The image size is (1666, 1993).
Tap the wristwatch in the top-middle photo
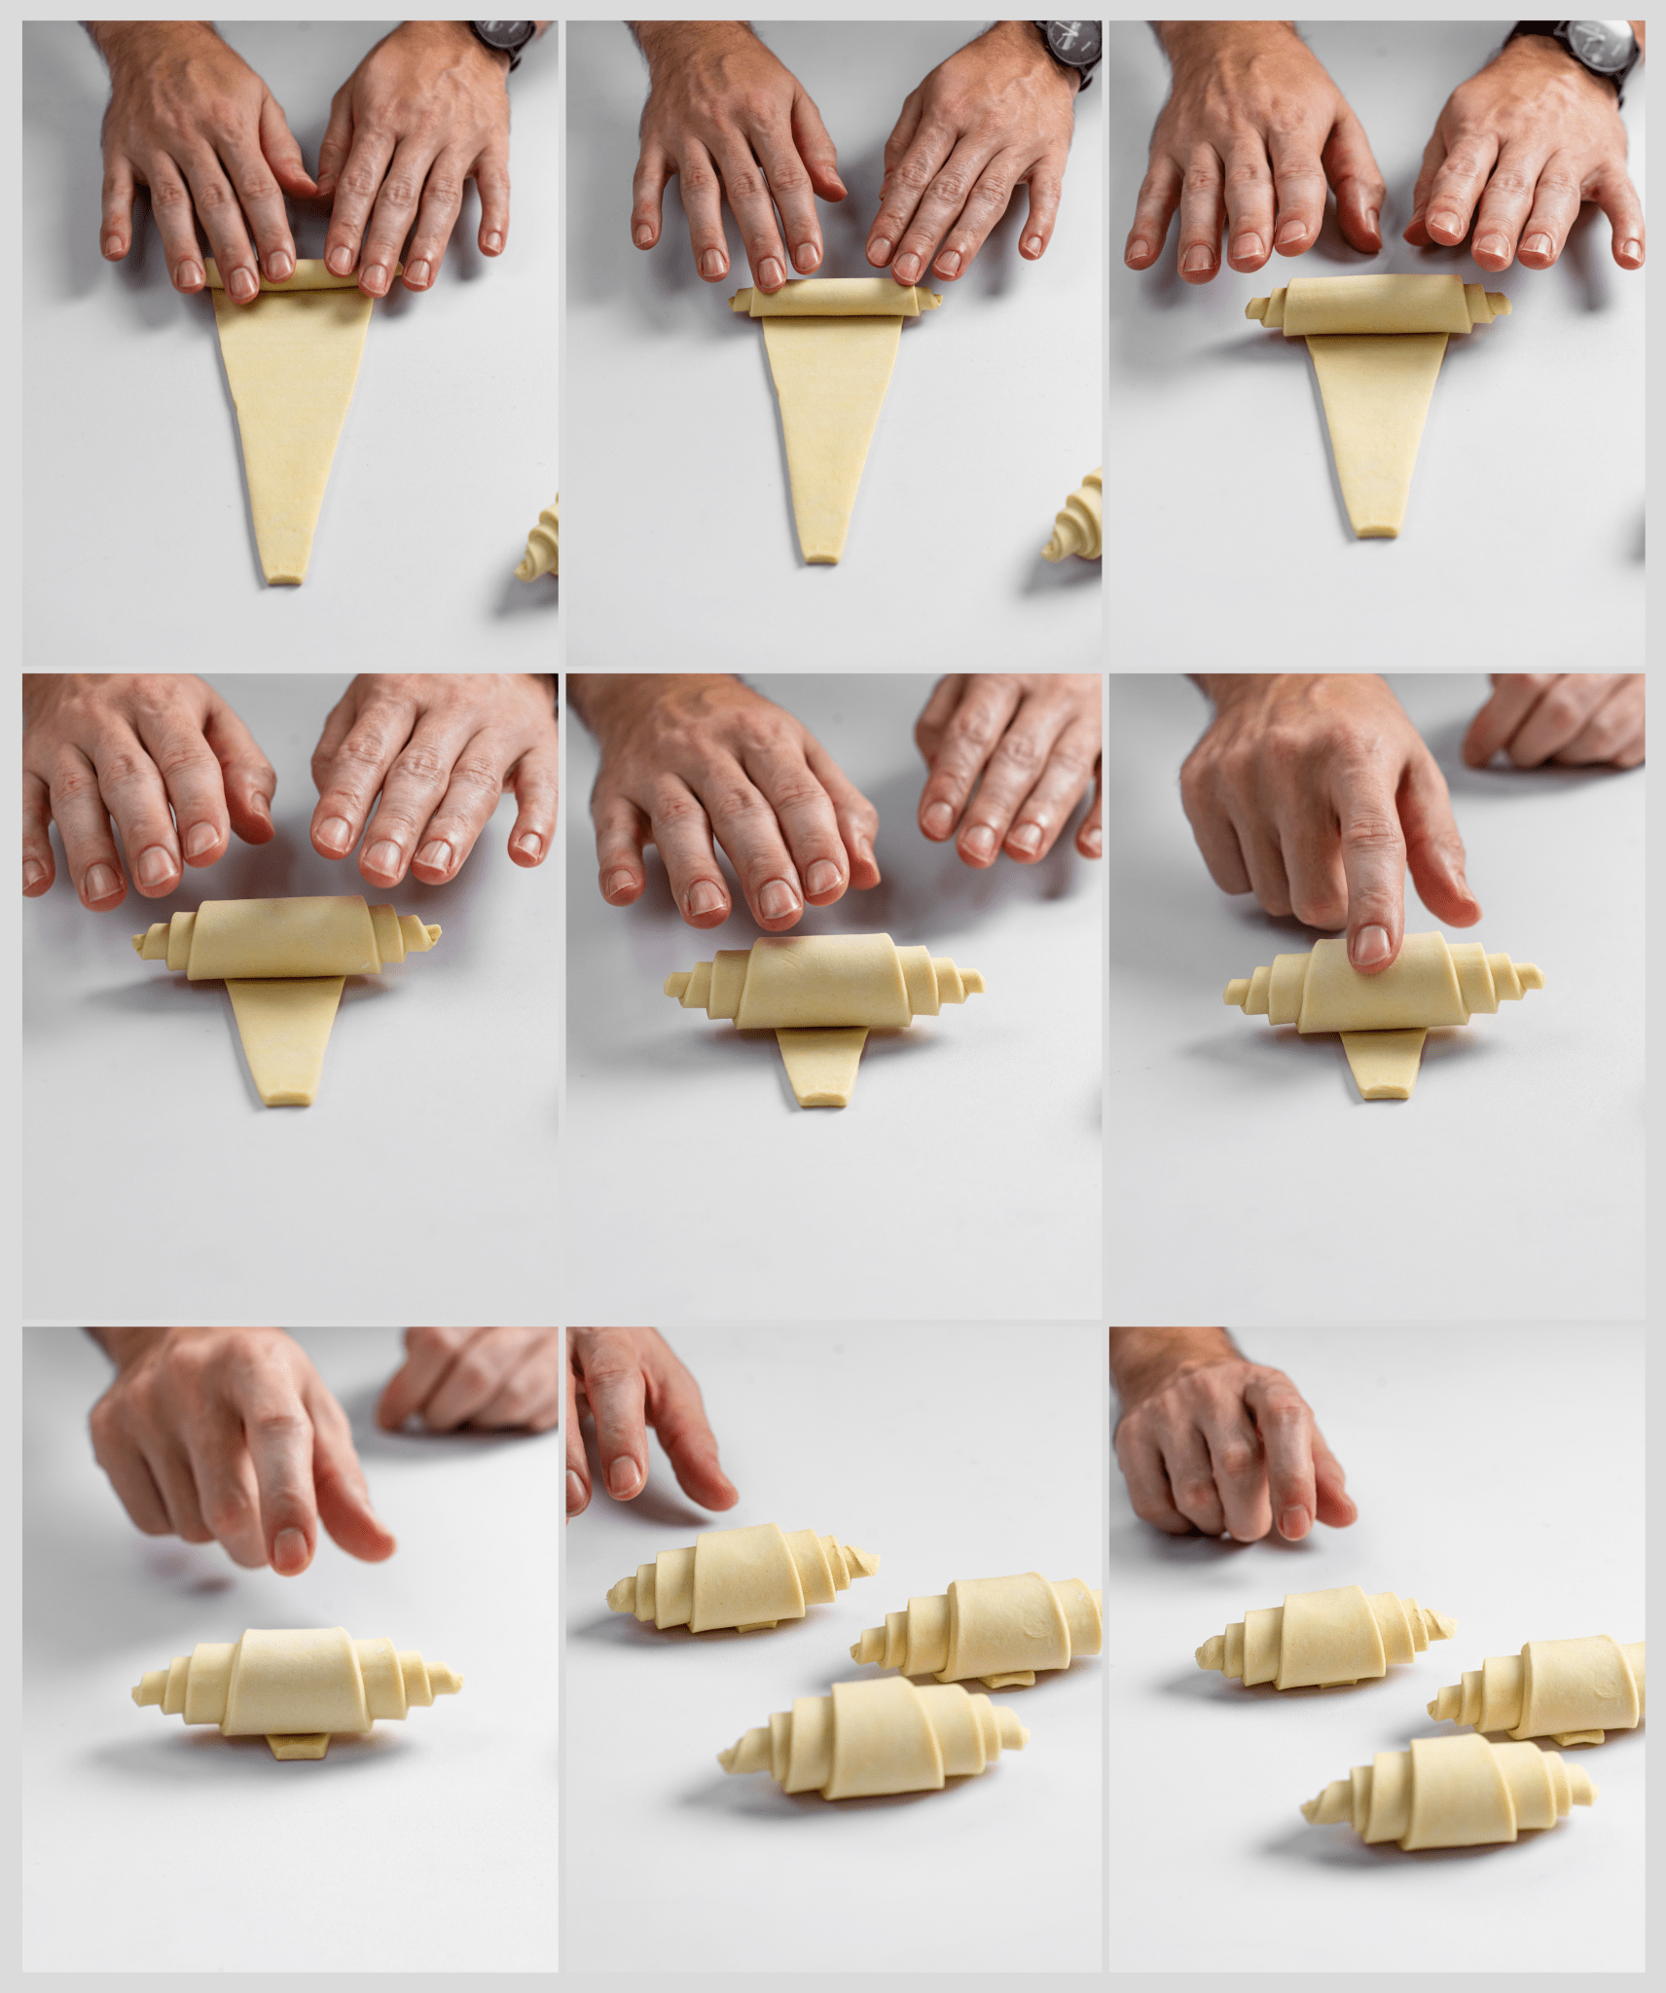1069,44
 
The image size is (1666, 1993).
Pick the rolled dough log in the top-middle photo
835,298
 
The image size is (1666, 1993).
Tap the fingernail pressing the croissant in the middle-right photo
1372,943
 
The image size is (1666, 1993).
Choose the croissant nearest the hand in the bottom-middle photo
740,1577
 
